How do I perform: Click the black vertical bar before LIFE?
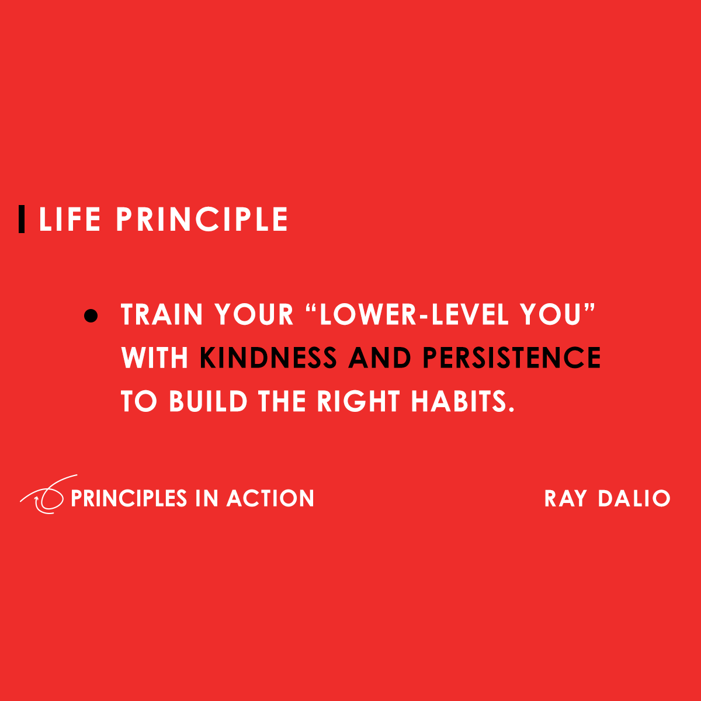tap(22, 219)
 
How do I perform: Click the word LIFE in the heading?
tap(70, 220)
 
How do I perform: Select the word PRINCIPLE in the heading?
tap(202, 220)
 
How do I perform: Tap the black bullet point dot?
tap(91, 315)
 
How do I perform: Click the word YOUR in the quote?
tap(254, 315)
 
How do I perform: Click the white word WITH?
tap(155, 358)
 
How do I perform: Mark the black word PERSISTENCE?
tap(512, 358)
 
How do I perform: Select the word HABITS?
tap(459, 401)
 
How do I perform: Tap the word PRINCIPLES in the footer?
tap(129, 498)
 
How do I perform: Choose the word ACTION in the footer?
tap(270, 498)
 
